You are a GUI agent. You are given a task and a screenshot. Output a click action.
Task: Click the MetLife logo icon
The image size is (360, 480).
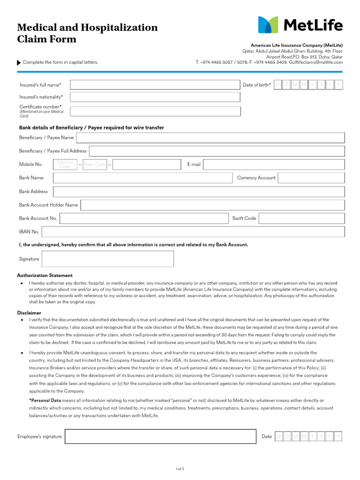coord(268,25)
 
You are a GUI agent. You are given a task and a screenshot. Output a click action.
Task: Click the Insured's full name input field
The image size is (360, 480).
coord(155,85)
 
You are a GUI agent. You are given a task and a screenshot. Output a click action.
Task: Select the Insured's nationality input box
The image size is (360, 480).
coord(155,97)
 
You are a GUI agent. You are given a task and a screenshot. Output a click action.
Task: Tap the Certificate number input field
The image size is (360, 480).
coord(155,111)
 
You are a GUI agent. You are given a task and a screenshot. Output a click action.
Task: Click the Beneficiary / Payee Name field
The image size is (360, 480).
coord(210,138)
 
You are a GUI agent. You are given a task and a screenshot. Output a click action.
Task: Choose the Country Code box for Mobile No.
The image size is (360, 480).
coord(65,165)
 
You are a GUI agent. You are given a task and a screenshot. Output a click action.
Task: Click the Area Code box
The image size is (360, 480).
coord(95,165)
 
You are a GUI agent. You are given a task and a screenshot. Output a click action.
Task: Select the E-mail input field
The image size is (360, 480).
coord(274,165)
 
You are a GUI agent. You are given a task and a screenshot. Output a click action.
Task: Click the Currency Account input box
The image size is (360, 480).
coord(311,178)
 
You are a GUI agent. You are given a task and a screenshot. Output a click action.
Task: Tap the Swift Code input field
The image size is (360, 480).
coord(301,218)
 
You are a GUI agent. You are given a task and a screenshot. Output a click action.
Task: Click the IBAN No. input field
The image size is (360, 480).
coord(193,232)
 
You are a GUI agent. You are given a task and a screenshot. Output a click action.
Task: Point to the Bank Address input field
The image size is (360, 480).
coord(199,192)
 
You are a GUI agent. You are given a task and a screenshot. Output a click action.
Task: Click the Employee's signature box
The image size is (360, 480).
coord(160,436)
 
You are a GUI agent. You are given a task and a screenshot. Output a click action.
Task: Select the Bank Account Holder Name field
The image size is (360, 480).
coord(213,205)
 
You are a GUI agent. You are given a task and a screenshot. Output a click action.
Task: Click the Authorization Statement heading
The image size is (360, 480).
coord(45,276)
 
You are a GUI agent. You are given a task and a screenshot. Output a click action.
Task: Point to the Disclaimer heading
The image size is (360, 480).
coord(29,313)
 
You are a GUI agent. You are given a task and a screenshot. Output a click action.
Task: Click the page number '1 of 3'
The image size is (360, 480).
coord(180,468)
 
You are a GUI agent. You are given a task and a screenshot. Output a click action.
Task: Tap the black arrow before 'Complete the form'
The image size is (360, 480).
coord(19,62)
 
